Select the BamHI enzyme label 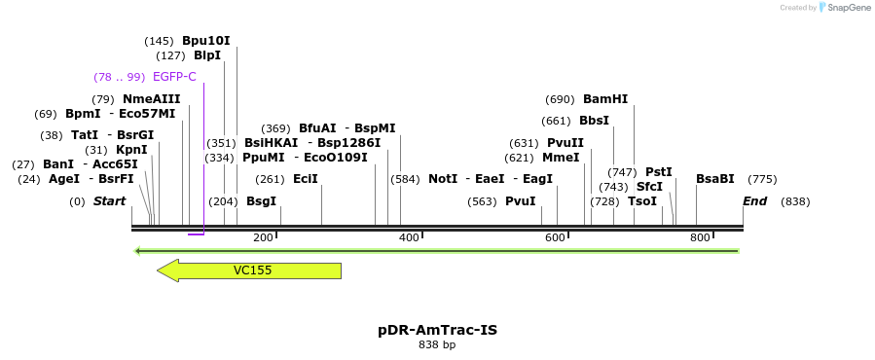pos(605,99)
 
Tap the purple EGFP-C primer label pos(174,77)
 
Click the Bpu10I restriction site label pos(206,41)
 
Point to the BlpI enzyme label pos(207,55)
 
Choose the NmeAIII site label pos(151,99)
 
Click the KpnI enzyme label pos(131,150)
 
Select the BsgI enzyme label pos(261,201)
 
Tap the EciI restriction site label pos(306,179)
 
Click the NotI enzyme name pos(443,179)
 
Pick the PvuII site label pos(565,143)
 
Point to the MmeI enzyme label pos(561,158)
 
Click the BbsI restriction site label pos(594,121)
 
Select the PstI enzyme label pos(659,172)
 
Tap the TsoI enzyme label pos(642,201)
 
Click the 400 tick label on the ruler pos(409,237)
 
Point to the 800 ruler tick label pos(700,237)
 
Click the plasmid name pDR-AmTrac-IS pos(437,330)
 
